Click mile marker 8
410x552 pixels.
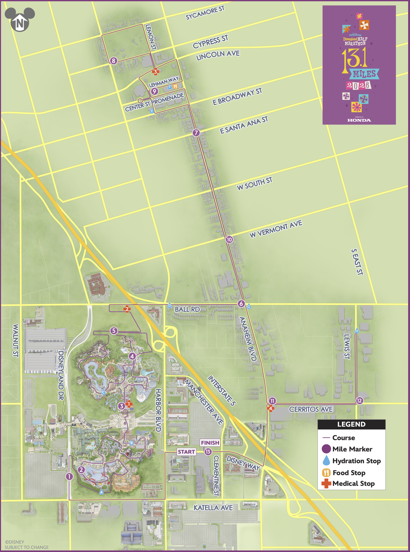114,61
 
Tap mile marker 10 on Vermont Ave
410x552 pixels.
229,240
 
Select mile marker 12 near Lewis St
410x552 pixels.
359,401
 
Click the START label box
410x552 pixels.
186,452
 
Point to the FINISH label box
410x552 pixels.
210,443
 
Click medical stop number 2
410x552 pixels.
127,309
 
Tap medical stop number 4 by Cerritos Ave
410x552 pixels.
271,408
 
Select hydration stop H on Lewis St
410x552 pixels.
356,331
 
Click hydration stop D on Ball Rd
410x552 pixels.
169,305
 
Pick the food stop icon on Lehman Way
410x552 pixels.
175,87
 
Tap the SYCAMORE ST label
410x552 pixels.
205,13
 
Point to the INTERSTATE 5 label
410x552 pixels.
222,391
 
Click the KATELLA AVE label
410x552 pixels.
213,508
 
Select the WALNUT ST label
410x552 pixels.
16,340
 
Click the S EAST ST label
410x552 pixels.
357,262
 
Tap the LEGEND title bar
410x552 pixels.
351,424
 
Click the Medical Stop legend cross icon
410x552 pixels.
326,483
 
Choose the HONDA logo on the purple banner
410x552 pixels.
359,120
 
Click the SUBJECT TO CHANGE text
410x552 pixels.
27,547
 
